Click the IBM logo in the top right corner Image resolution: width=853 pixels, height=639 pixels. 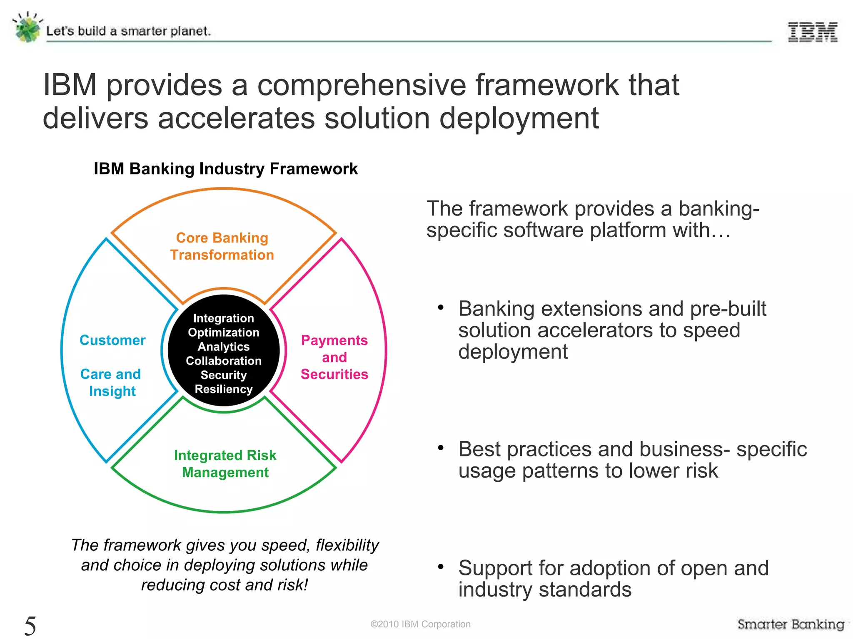[x=813, y=32]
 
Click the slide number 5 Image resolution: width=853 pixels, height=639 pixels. [x=30, y=625]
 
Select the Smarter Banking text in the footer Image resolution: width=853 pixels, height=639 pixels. [x=791, y=624]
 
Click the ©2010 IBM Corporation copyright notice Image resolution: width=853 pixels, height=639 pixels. [x=420, y=624]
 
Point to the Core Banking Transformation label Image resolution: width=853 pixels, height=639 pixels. [x=222, y=246]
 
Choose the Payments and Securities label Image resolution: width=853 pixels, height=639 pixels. [x=334, y=357]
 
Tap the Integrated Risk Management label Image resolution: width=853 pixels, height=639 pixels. [x=225, y=463]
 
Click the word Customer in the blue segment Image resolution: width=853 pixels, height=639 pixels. [x=112, y=340]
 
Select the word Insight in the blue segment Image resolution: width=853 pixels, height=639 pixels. [x=112, y=391]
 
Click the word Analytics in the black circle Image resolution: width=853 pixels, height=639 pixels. [x=224, y=347]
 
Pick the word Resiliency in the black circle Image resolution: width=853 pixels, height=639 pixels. [x=224, y=389]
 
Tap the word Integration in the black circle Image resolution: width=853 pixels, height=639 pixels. [x=224, y=318]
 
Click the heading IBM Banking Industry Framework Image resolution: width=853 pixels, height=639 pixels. [x=225, y=169]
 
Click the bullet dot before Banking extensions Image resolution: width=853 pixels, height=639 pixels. [x=441, y=308]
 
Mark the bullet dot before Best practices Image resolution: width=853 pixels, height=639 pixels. [x=441, y=448]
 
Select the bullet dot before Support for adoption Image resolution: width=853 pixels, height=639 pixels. [x=441, y=567]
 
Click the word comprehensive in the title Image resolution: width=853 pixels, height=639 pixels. [x=362, y=85]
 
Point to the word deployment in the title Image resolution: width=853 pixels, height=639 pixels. [x=519, y=119]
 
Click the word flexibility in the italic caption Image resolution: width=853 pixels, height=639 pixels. [x=347, y=545]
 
